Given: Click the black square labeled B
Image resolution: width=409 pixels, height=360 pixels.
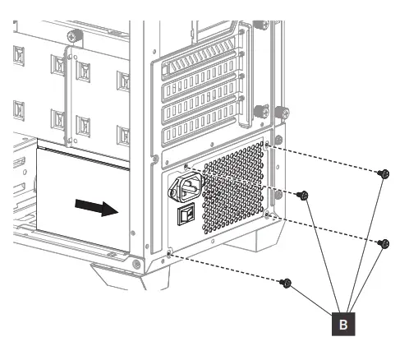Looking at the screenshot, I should pyautogui.click(x=344, y=325).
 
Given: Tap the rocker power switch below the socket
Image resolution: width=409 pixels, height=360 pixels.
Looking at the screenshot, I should pyautogui.click(x=186, y=216).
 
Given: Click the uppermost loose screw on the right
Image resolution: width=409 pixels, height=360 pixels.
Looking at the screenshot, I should pyautogui.click(x=384, y=173).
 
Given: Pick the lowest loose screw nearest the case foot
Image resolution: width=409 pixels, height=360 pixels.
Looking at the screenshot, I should pyautogui.click(x=286, y=283).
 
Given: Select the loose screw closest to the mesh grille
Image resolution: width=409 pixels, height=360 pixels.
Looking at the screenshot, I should pyautogui.click(x=304, y=196).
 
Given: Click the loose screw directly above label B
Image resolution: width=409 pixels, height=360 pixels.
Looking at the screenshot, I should pyautogui.click(x=384, y=243).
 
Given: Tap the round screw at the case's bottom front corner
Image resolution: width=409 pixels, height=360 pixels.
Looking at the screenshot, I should pyautogui.click(x=136, y=264).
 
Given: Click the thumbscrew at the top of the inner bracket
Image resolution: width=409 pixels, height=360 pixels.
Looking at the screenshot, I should pyautogui.click(x=73, y=36).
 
